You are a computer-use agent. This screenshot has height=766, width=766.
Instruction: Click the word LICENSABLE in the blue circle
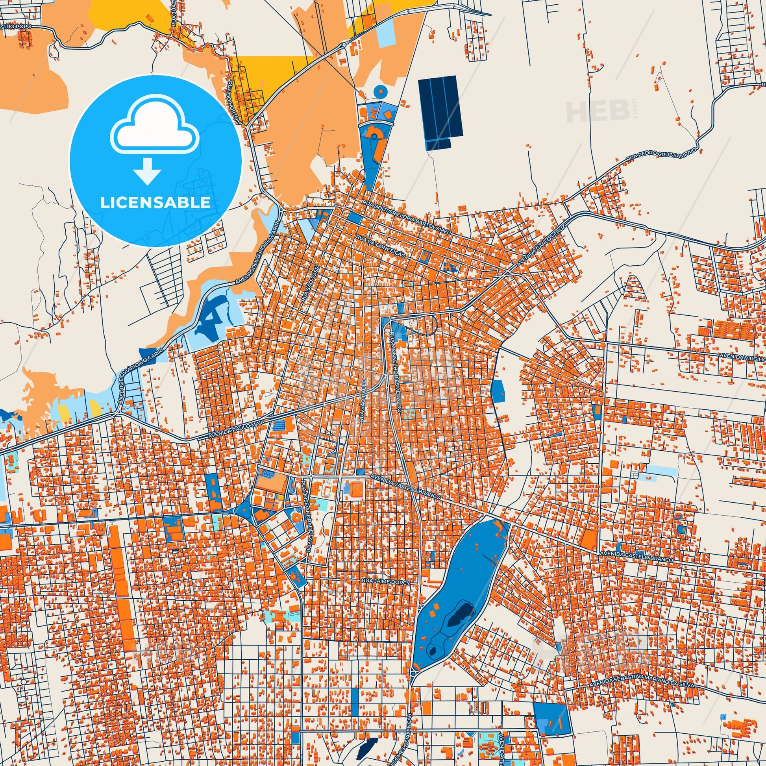click(155, 202)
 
